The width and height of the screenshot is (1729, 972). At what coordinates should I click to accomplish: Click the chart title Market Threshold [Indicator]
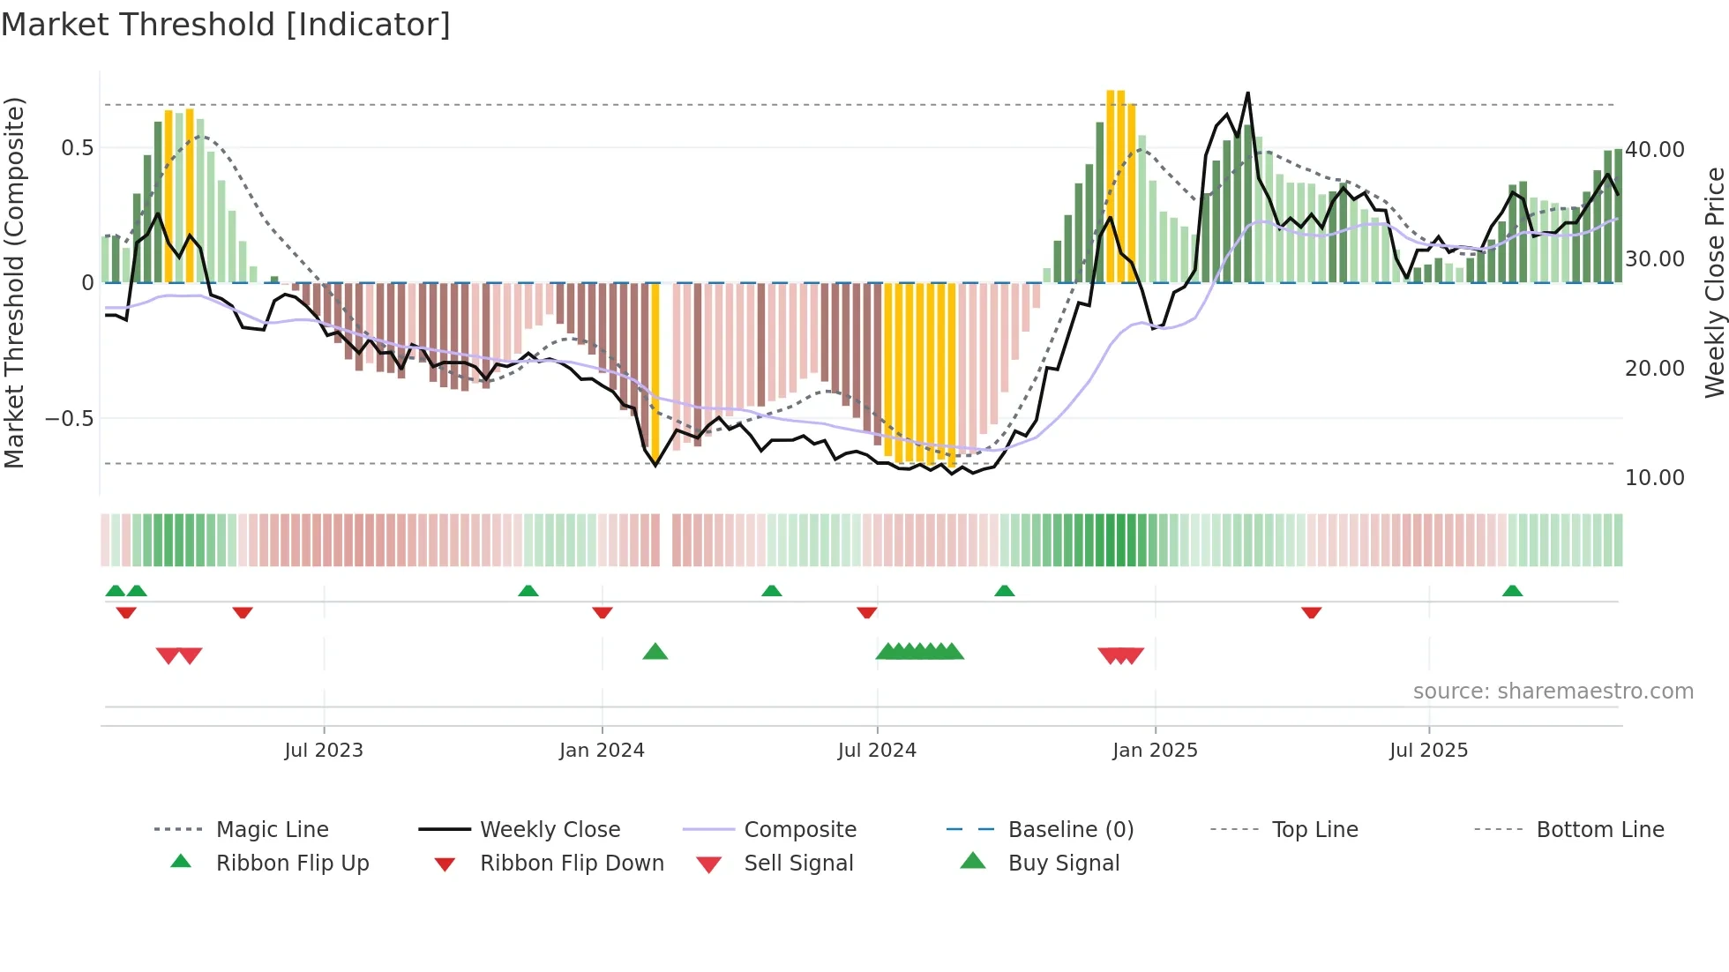click(226, 25)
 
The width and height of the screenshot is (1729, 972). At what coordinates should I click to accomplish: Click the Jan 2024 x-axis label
click(602, 750)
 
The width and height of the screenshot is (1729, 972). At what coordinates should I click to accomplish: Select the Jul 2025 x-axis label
click(1428, 750)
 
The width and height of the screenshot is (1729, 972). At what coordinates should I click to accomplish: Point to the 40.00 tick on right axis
click(1655, 150)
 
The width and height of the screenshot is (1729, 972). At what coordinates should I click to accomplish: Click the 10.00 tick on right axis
click(1655, 477)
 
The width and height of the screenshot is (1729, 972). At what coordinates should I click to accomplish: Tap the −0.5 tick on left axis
click(69, 418)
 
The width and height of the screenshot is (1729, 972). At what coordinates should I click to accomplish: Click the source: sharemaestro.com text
click(1553, 691)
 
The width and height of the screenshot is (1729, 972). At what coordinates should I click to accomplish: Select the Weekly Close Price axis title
click(1714, 282)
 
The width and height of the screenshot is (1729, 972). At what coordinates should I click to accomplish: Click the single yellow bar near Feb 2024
click(655, 370)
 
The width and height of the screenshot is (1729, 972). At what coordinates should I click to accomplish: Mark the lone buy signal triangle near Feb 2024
click(655, 652)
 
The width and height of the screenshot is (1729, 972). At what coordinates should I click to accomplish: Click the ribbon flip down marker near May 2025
click(1311, 612)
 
